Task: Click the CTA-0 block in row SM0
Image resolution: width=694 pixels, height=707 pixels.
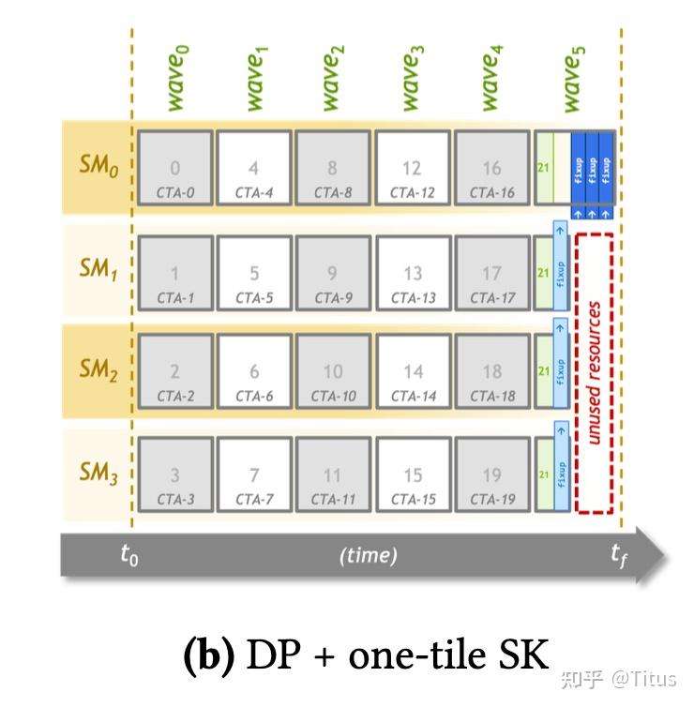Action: click(x=175, y=169)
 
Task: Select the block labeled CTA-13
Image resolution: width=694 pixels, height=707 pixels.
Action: click(x=412, y=273)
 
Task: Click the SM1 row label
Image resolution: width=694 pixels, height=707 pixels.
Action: click(x=98, y=272)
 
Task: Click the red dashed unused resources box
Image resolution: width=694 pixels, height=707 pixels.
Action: click(x=594, y=372)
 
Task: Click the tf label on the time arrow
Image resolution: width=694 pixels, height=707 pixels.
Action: click(x=619, y=554)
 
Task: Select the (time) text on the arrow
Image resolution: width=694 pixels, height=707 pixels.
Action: click(x=368, y=555)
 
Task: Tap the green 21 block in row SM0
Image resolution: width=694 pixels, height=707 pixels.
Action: click(x=543, y=168)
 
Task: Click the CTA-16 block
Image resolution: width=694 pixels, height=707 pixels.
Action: click(x=491, y=169)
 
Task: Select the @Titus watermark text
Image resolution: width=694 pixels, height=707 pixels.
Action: click(x=646, y=677)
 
